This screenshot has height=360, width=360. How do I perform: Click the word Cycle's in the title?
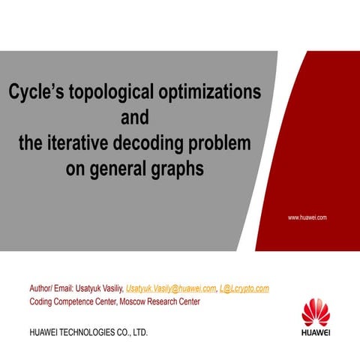[x=38, y=92]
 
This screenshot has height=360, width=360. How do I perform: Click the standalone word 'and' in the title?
[x=135, y=118]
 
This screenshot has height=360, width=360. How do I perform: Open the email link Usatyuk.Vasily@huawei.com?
[x=169, y=288]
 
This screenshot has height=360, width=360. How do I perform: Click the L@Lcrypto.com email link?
[x=244, y=288]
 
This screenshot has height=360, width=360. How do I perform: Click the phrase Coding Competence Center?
[x=72, y=301]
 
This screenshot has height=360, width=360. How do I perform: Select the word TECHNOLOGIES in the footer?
[x=88, y=331]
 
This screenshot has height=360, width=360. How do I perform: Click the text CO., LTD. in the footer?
[x=132, y=331]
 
